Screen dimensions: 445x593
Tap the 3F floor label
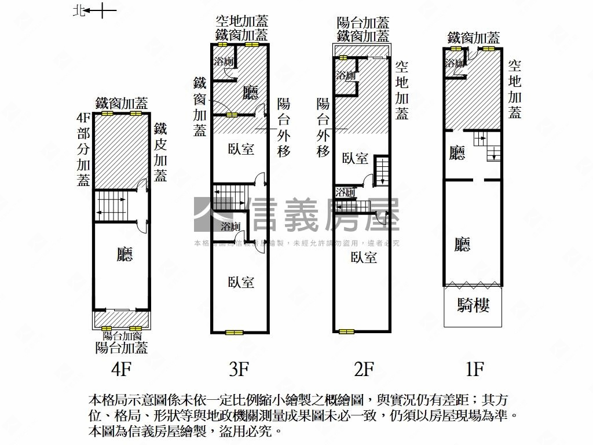coord(239,369)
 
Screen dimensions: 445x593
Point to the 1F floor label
coord(474,369)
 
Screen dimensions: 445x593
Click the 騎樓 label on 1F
coord(473,305)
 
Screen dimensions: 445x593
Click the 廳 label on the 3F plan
coord(250,93)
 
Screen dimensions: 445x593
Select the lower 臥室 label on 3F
coord(241,282)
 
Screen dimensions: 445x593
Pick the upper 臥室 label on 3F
coord(241,149)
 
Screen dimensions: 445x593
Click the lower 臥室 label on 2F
coord(364,257)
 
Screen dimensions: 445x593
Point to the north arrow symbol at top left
coord(96,10)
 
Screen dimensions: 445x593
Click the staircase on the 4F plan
coord(111,206)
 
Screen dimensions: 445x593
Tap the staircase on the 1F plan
coord(486,147)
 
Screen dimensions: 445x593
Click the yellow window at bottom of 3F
coord(235,333)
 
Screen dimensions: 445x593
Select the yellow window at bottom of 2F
coord(346,331)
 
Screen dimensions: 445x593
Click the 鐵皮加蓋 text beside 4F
coord(160,152)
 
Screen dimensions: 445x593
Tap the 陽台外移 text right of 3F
coord(284,127)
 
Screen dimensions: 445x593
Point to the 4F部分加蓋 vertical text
coord(83,149)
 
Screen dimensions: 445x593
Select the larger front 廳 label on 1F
coord(462,245)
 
